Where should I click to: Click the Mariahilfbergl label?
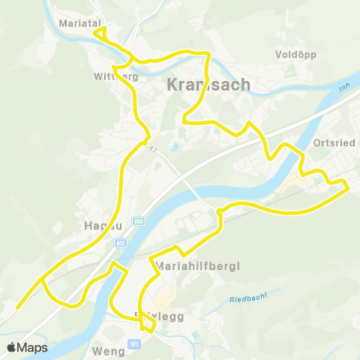[192, 265]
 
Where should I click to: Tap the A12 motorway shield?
[121, 242]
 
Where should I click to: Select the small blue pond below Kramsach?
[174, 147]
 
